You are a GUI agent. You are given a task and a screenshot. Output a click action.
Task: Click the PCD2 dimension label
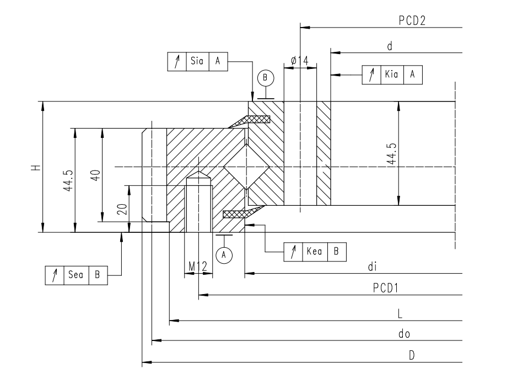(x=413, y=20)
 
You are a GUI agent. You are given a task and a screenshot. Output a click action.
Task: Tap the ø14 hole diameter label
(x=300, y=61)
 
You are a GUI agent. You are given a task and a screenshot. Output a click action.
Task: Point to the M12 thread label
(x=197, y=266)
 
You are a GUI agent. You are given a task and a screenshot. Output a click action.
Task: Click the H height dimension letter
(x=34, y=167)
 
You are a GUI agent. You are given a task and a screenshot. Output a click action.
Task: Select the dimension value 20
(x=122, y=209)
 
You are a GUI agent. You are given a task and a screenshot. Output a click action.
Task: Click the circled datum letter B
(x=266, y=78)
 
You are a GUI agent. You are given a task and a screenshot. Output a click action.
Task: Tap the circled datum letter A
(x=223, y=254)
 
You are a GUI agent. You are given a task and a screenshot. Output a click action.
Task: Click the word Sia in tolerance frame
(x=196, y=61)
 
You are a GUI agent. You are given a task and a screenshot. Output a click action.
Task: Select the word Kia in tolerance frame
(x=392, y=74)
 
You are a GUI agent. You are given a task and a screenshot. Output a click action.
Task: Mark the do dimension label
(x=404, y=334)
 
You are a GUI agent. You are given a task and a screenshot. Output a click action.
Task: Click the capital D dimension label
(x=411, y=356)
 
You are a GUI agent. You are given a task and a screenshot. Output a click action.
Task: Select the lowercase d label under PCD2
(x=389, y=46)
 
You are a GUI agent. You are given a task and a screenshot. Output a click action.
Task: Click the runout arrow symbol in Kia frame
(x=371, y=74)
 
